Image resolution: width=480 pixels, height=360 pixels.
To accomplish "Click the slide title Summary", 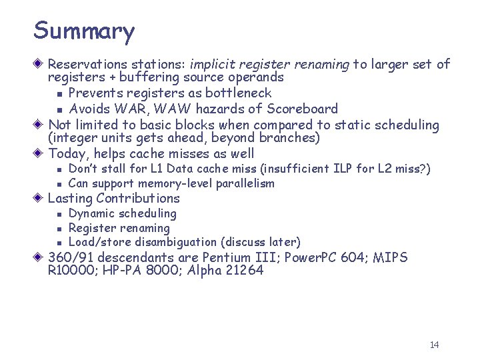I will pos(84,31).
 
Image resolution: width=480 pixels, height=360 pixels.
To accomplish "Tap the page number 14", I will pos(434,345).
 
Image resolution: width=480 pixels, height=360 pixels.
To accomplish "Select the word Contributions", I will pos(138,199).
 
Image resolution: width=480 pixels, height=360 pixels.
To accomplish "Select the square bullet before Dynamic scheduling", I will pos(59,215).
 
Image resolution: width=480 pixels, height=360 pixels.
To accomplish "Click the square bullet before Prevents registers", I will pos(59,94).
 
